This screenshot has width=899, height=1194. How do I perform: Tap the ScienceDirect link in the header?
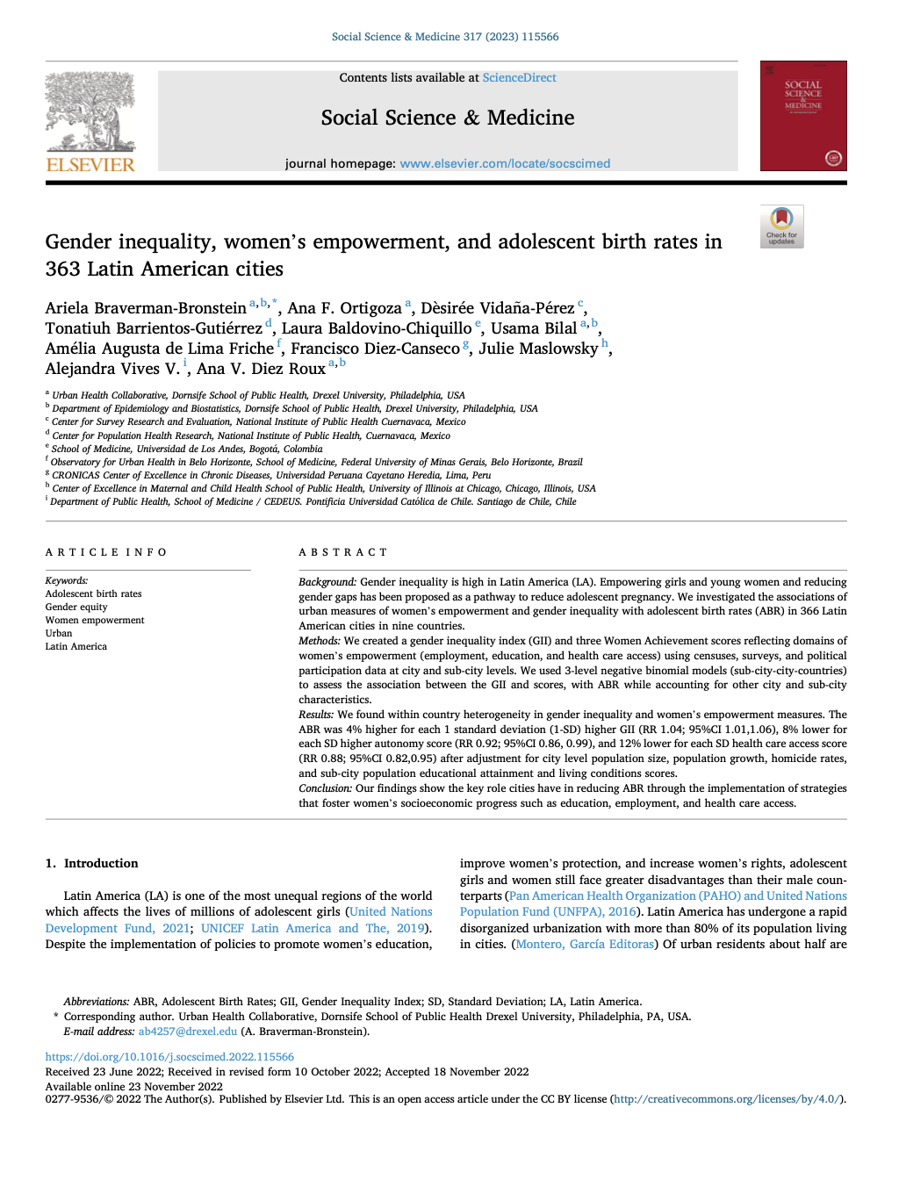tap(519, 77)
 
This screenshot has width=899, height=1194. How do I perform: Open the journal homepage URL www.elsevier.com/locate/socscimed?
tap(505, 163)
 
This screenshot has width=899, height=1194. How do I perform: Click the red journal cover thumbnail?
tap(802, 116)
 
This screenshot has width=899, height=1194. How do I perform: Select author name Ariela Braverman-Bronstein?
tap(146, 308)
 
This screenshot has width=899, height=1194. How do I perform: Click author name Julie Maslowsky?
tap(537, 349)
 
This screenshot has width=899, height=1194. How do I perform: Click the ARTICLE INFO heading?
tap(106, 552)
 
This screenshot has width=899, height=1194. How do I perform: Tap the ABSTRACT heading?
tap(342, 552)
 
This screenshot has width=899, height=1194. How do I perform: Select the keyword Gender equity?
tap(76, 607)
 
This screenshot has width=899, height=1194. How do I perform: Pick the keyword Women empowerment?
tap(95, 620)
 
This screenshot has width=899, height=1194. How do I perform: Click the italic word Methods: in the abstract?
tap(320, 641)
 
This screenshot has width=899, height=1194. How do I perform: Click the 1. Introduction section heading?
tap(92, 863)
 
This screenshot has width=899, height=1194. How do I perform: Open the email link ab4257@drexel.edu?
tap(188, 1032)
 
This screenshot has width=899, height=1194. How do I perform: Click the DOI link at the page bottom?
tap(169, 1057)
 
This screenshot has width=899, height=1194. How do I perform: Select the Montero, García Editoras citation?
tap(585, 944)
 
